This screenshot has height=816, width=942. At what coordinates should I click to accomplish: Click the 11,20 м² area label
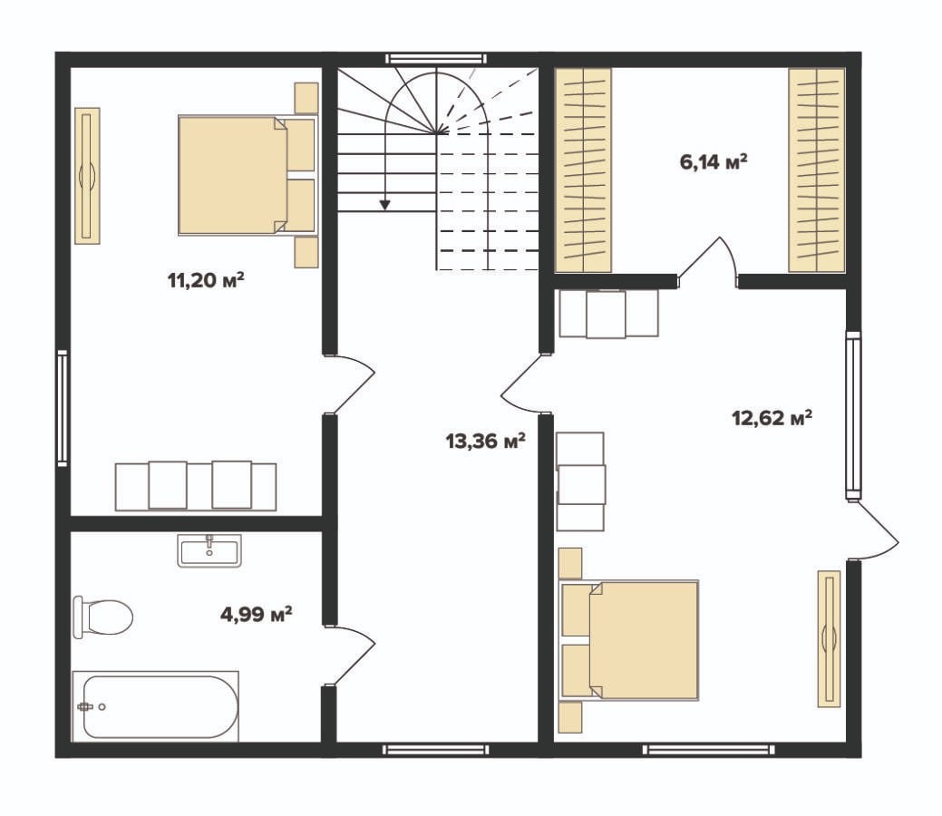(206, 280)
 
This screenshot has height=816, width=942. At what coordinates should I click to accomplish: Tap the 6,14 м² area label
(714, 161)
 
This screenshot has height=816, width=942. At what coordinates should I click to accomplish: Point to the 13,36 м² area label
(485, 441)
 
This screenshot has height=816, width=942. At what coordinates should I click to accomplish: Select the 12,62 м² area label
(772, 417)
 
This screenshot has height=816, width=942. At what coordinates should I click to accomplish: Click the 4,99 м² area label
(257, 614)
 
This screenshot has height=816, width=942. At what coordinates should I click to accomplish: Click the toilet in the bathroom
(102, 617)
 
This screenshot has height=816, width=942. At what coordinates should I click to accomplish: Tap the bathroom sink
(209, 549)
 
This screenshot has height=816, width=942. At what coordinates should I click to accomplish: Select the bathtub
(156, 706)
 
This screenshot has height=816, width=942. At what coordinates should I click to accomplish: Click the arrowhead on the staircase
(384, 205)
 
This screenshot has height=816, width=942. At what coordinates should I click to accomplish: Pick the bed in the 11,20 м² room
(247, 174)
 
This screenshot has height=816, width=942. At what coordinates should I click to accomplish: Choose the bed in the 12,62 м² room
(629, 640)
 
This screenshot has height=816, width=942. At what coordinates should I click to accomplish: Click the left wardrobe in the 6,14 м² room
(583, 170)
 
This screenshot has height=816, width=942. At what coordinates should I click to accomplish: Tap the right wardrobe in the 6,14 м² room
(817, 170)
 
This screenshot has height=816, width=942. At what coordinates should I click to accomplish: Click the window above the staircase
(435, 58)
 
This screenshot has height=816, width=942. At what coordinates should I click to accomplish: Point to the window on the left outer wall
(63, 408)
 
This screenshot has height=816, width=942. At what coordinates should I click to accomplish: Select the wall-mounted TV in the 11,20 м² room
(87, 176)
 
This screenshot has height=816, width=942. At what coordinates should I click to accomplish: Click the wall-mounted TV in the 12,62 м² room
(830, 638)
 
